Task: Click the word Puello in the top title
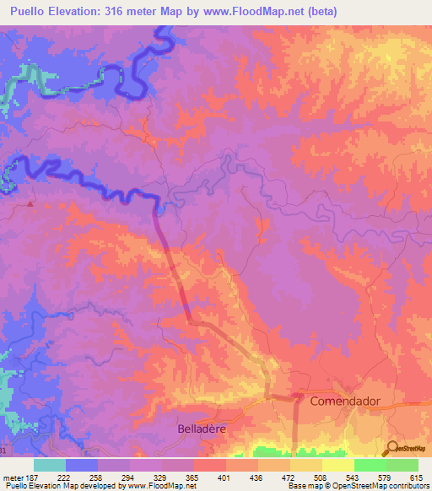(33, 12)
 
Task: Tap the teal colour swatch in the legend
(50, 465)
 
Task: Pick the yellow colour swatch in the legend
(337, 465)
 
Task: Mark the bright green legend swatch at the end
(402, 465)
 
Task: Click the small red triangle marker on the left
(31, 203)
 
